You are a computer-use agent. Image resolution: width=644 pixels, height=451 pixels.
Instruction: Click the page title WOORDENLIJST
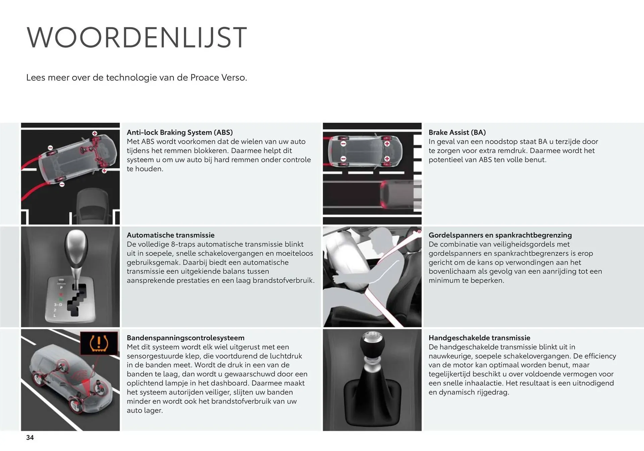tap(137, 37)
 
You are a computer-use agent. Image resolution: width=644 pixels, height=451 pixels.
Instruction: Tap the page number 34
tap(30, 437)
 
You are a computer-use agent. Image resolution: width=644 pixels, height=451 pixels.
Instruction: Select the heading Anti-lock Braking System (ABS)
tap(179, 132)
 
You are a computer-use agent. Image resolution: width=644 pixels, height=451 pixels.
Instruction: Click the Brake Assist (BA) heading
tap(457, 132)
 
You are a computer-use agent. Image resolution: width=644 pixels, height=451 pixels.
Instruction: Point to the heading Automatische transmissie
tap(170, 235)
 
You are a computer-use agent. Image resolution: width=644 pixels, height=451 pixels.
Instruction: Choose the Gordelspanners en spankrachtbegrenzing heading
tap(500, 235)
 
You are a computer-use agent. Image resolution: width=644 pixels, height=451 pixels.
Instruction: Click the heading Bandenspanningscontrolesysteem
tap(185, 338)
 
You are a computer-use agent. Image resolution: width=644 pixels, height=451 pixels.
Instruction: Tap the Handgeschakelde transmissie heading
tap(479, 338)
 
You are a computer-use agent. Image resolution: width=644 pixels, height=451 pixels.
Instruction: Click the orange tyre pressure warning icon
tap(99, 343)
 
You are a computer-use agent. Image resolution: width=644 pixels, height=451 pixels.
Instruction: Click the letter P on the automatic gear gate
tap(61, 288)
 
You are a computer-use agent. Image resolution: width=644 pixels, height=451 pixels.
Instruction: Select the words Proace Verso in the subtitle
tap(219, 78)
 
